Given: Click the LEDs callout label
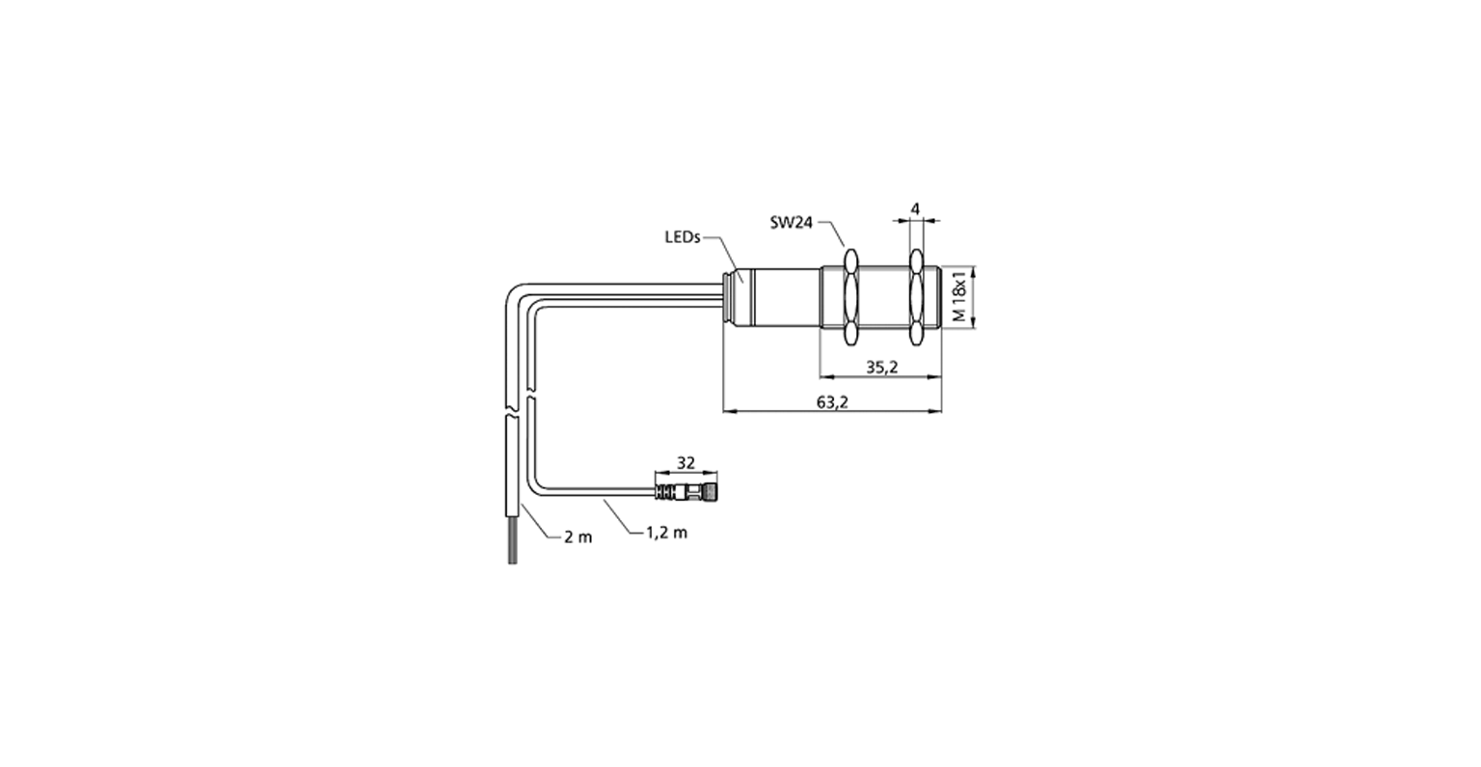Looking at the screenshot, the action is click(683, 237).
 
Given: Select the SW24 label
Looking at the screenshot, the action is click(791, 222).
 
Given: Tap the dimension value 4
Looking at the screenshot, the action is click(915, 209).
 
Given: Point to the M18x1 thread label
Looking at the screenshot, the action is click(960, 295).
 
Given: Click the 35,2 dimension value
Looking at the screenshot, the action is click(882, 367).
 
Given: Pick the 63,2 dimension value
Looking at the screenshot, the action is click(832, 401).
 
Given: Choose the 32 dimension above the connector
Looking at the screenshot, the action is click(686, 462).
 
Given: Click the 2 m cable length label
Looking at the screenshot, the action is click(578, 536).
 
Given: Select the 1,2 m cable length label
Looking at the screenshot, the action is click(667, 532).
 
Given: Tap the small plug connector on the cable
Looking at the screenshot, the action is click(686, 491).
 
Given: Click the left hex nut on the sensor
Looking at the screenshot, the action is click(851, 298).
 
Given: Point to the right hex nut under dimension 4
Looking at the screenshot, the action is click(916, 298).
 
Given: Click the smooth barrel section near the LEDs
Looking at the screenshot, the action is click(784, 297).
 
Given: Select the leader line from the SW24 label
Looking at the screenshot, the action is click(832, 232).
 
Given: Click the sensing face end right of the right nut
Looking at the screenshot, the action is click(932, 297).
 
